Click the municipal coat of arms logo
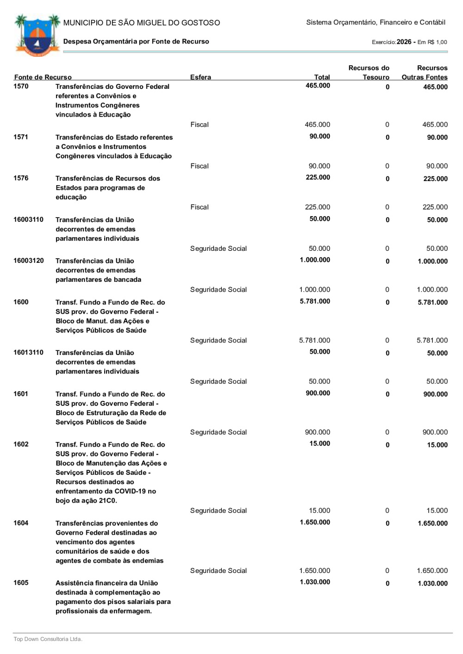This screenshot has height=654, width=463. (x=37, y=35)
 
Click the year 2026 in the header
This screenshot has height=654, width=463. (x=404, y=42)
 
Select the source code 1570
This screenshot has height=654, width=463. (x=21, y=86)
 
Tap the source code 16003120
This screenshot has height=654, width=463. (x=28, y=261)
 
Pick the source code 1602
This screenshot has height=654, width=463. (x=21, y=444)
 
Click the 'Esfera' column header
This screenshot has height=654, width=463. (x=200, y=77)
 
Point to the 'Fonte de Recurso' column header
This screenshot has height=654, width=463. (x=43, y=77)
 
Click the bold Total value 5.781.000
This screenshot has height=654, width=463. (x=315, y=301)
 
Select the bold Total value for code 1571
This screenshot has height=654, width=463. (x=319, y=137)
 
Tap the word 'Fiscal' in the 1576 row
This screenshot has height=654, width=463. (x=200, y=207)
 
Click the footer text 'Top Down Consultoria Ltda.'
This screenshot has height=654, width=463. (x=48, y=639)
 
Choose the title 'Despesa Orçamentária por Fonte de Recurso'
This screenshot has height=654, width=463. (x=136, y=41)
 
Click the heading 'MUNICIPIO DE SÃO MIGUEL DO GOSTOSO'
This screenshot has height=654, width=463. (x=142, y=23)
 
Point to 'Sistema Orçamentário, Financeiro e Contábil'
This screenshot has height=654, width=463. (x=375, y=22)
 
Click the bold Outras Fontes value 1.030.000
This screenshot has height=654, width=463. (x=432, y=583)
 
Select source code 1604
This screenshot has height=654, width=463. (x=21, y=523)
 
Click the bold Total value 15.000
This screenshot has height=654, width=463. (x=319, y=444)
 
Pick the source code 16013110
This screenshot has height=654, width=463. (x=28, y=352)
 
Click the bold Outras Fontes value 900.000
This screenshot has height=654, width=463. (x=435, y=394)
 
